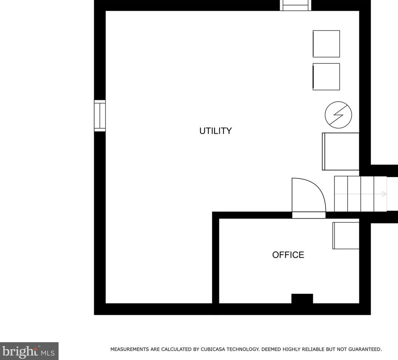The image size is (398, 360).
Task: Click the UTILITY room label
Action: (x=216, y=131)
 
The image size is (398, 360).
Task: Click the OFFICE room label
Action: (x=288, y=255)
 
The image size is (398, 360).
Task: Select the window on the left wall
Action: (x=100, y=116)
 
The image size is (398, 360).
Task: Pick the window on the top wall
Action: (x=296, y=5)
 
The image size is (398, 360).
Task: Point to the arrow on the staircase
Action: (x=384, y=194)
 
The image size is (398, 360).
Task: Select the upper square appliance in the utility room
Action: (x=326, y=44)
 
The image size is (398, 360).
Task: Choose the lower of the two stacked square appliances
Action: (x=326, y=76)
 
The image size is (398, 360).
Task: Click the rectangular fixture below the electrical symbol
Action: (x=341, y=151)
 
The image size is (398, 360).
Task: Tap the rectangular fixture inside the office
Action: (x=346, y=235)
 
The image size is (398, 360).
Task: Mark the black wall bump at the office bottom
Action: (x=302, y=298)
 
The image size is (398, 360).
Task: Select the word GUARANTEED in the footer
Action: (x=364, y=349)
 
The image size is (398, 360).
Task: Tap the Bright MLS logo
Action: (x=29, y=351)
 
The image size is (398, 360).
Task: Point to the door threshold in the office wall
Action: (x=309, y=215)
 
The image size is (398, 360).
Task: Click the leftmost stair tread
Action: (x=341, y=194)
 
